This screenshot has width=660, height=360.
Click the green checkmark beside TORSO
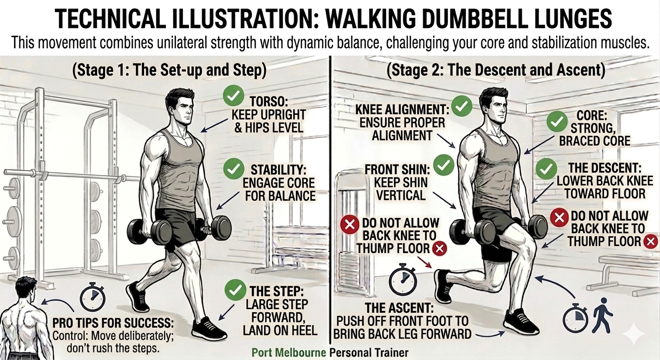pos(233,95)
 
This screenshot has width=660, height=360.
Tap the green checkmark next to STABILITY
pos(234,169)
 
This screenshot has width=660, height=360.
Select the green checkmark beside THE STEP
pos(235,290)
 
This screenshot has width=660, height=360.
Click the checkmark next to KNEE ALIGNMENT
pos(462,106)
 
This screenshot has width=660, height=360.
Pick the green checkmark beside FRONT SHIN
pos(443,165)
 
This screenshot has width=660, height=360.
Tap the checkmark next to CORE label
pos(557,121)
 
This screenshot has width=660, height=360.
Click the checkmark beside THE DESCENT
pos(546,169)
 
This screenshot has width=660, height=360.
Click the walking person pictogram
pos(603,314)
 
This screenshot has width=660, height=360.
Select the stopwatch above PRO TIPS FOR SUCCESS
pos(92,297)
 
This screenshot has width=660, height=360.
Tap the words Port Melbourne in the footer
pos(289,352)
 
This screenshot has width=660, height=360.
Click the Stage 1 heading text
pos(169,70)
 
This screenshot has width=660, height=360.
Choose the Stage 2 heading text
pos(496,70)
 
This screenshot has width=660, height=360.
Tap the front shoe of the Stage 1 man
pos(209,329)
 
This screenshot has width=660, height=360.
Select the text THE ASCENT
pos(399,308)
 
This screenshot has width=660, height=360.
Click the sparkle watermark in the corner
pos(634,333)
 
